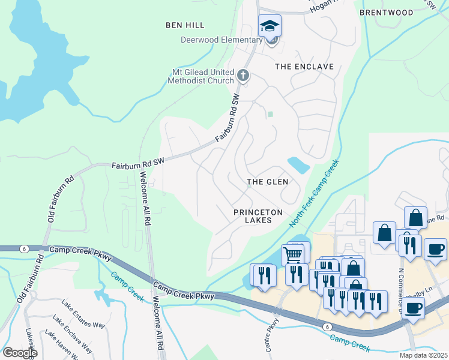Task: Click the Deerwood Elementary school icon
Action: point(270,26)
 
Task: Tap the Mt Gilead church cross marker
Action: point(243,76)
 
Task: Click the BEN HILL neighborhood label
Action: point(185,25)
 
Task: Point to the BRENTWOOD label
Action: point(386,13)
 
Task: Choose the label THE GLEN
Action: point(268,181)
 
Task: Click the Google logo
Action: point(19,352)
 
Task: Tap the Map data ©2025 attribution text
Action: point(423,355)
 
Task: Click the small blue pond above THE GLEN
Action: point(298,164)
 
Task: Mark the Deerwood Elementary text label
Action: point(222,40)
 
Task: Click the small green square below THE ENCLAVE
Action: point(270,114)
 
